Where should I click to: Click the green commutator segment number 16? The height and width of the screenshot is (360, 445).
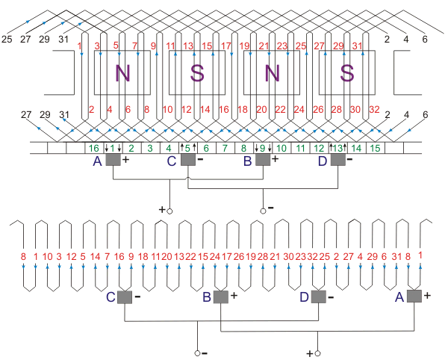click(x=94, y=148)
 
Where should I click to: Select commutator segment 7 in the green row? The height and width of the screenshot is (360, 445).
click(x=225, y=148)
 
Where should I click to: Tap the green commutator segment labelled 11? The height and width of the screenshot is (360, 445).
click(x=300, y=148)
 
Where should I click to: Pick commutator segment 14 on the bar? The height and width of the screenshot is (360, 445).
click(x=356, y=148)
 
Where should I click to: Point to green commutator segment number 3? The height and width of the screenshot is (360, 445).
click(x=150, y=148)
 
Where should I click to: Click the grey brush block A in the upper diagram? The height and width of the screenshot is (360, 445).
click(x=113, y=160)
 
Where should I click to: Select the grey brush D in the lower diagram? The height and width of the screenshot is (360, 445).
click(x=318, y=297)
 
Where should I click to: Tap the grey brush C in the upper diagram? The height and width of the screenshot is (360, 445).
click(x=188, y=160)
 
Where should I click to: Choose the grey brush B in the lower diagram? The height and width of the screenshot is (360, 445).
click(x=221, y=297)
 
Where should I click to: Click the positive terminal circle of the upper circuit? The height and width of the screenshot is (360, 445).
click(x=169, y=211)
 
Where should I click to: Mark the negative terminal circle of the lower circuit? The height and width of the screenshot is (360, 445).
click(x=197, y=353)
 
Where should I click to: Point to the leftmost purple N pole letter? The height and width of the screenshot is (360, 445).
click(x=122, y=73)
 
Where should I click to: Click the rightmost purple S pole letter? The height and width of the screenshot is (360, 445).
click(x=346, y=73)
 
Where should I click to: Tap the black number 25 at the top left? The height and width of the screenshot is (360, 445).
click(x=7, y=39)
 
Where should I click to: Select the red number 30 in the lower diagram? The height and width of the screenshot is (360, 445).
click(x=288, y=257)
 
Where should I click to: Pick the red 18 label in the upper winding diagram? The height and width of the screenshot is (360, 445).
click(x=243, y=109)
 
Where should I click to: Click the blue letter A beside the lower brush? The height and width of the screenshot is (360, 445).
click(x=399, y=297)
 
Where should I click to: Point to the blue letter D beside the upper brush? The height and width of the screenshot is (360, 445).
click(x=323, y=161)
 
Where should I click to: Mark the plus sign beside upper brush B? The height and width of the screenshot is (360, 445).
click(x=275, y=158)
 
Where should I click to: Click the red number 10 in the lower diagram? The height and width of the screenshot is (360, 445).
click(x=48, y=257)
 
